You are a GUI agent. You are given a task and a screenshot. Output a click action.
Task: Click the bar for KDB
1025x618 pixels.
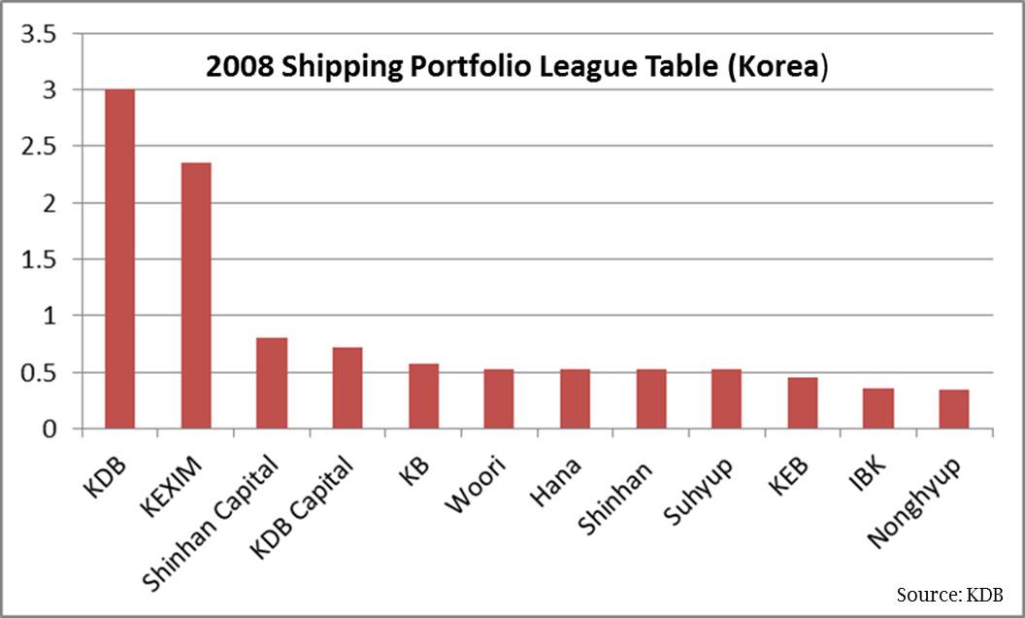pos(120,258)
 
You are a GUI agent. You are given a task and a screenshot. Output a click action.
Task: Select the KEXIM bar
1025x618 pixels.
pos(196,295)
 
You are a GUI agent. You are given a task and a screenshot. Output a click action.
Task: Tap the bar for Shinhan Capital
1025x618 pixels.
pos(272,383)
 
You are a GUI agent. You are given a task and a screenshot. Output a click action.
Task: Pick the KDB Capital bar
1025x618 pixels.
pos(347,388)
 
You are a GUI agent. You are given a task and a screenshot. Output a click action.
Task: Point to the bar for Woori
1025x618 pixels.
pos(499,398)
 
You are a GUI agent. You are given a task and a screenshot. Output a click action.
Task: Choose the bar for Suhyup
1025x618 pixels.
pos(726,398)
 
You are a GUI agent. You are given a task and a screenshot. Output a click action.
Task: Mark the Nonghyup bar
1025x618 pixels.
pos(954,408)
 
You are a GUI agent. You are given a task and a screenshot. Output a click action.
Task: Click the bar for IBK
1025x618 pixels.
pos(878,408)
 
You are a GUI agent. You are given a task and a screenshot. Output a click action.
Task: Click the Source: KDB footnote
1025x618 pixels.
pos(949,594)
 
